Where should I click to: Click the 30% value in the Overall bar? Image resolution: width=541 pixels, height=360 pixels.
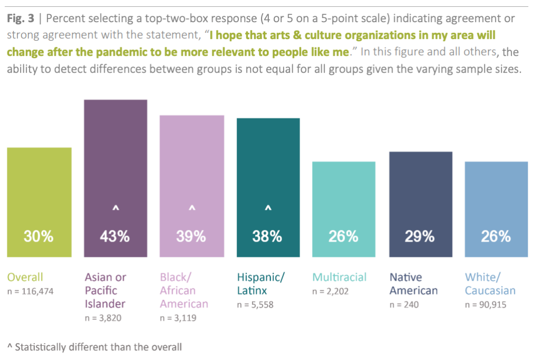pyautogui.click(x=39, y=236)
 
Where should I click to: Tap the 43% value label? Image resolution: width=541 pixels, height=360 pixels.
pyautogui.click(x=115, y=236)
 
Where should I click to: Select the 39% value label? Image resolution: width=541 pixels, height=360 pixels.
pyautogui.click(x=191, y=236)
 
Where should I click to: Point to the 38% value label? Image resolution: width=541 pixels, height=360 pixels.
pyautogui.click(x=267, y=236)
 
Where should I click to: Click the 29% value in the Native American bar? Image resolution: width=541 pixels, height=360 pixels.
pyautogui.click(x=420, y=236)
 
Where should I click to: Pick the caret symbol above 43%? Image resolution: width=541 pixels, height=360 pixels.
pyautogui.click(x=115, y=209)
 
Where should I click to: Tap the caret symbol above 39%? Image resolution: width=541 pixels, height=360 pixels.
pyautogui.click(x=192, y=209)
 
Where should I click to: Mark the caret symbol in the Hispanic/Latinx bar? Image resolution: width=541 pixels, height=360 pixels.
pyautogui.click(x=268, y=209)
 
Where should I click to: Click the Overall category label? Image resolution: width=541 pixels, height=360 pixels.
pyautogui.click(x=25, y=277)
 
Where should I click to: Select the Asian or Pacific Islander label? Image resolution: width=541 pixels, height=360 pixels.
pyautogui.click(x=106, y=290)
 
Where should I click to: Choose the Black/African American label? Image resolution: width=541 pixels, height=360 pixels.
pyautogui.click(x=184, y=290)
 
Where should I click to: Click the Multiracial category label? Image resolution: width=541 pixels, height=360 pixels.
pyautogui.click(x=339, y=277)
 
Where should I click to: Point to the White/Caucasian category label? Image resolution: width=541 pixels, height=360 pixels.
pyautogui.click(x=490, y=284)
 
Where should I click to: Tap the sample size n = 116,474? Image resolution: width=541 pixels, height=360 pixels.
pyautogui.click(x=31, y=291)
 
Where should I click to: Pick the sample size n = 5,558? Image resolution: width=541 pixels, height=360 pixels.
pyautogui.click(x=255, y=304)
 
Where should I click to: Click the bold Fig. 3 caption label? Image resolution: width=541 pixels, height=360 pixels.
pyautogui.click(x=20, y=19)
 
